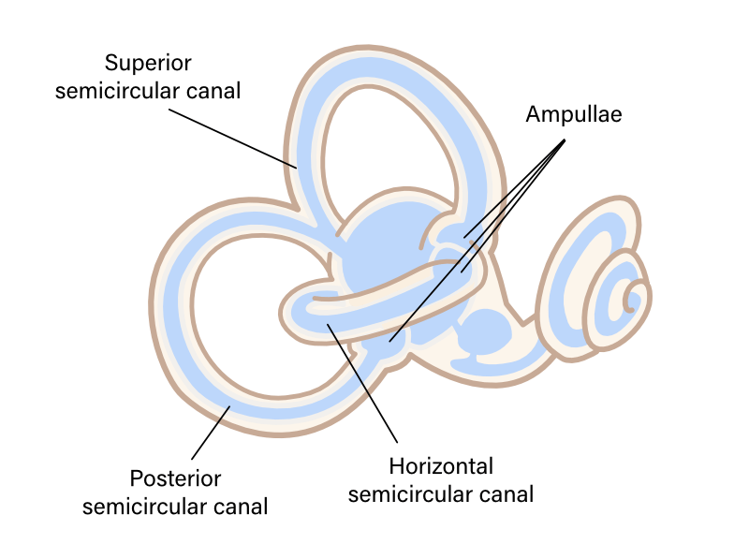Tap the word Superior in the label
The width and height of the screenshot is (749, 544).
(x=148, y=64)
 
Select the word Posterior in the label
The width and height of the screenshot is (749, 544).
(x=175, y=479)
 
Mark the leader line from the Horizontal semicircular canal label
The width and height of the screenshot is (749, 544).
(x=365, y=384)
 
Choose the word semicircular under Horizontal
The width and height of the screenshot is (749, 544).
(x=410, y=493)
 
